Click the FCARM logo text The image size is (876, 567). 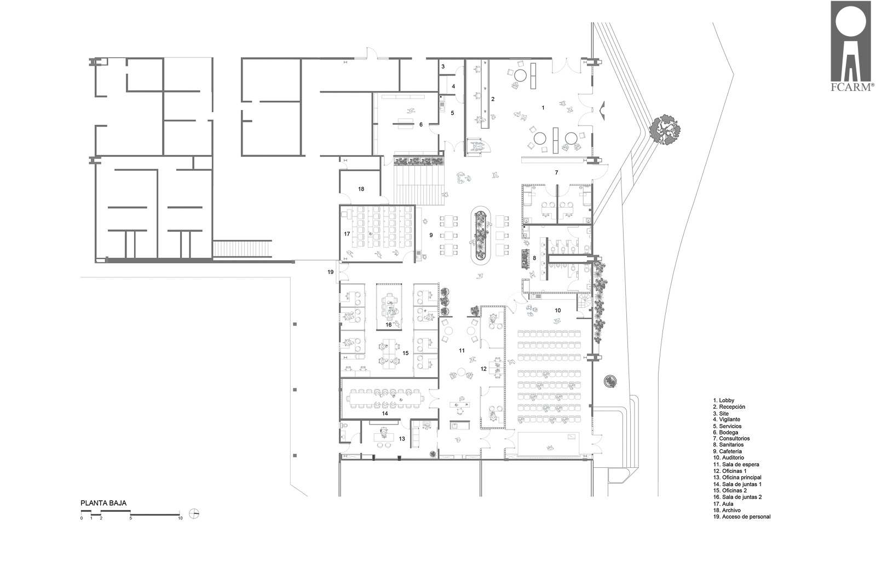pyautogui.click(x=852, y=87)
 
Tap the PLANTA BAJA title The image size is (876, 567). pyautogui.click(x=103, y=503)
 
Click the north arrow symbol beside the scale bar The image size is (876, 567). pyautogui.click(x=194, y=513)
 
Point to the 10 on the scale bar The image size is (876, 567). pyautogui.click(x=180, y=518)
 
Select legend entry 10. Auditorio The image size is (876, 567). pyautogui.click(x=729, y=457)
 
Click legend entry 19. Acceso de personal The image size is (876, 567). pyautogui.click(x=742, y=517)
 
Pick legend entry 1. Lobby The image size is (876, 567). pyautogui.click(x=723, y=400)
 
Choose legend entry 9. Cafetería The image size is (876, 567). pyautogui.click(x=728, y=451)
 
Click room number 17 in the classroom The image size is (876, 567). pyautogui.click(x=347, y=234)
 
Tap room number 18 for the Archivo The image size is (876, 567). pyautogui.click(x=361, y=189)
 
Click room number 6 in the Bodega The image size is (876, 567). pyautogui.click(x=421, y=124)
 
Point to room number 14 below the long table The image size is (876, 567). pyautogui.click(x=385, y=413)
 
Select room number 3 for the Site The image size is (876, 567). pyautogui.click(x=443, y=66)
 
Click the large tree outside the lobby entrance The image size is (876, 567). pyautogui.click(x=665, y=129)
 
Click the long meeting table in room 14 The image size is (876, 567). pyautogui.click(x=385, y=399)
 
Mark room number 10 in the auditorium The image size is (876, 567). pyautogui.click(x=558, y=310)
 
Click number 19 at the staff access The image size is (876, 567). pyautogui.click(x=331, y=272)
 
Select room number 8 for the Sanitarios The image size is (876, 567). pyautogui.click(x=534, y=258)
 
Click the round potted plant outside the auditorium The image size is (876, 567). pyautogui.click(x=610, y=381)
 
